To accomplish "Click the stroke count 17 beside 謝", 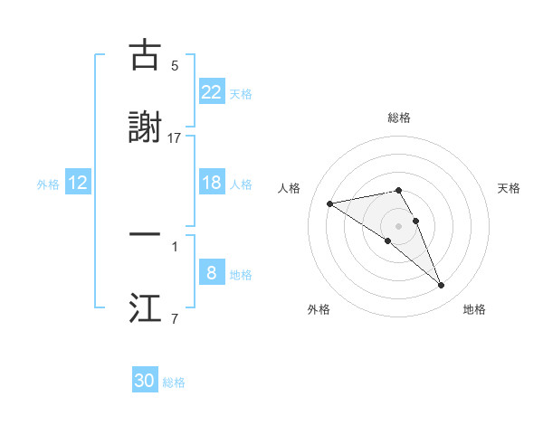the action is pyautogui.click(x=174, y=138).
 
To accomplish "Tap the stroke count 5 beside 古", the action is pyautogui.click(x=175, y=66).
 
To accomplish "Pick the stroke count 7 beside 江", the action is pyautogui.click(x=175, y=318).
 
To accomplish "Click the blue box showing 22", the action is pyautogui.click(x=211, y=91).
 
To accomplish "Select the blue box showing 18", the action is pyautogui.click(x=211, y=183).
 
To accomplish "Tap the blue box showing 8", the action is pyautogui.click(x=211, y=272).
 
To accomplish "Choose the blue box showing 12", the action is pyautogui.click(x=78, y=183).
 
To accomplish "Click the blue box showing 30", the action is pyautogui.click(x=145, y=381).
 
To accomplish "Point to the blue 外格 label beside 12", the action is pyautogui.click(x=48, y=184).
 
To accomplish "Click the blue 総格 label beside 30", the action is pyautogui.click(x=174, y=382).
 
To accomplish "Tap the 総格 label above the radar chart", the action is pyautogui.click(x=398, y=118).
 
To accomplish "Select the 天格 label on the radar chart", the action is pyautogui.click(x=509, y=188).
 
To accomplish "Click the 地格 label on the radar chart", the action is pyautogui.click(x=474, y=309).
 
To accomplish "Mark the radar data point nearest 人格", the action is pyautogui.click(x=330, y=203).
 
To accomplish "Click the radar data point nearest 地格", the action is pyautogui.click(x=442, y=286).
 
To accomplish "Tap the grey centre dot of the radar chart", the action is pyautogui.click(x=398, y=225).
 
